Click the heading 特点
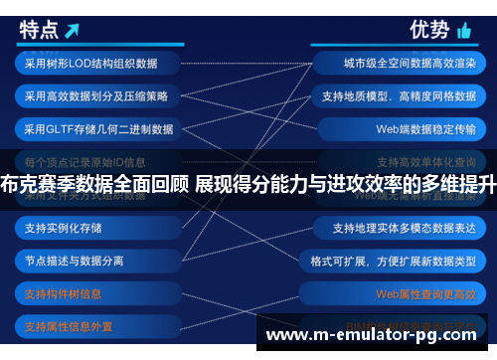pos(41,31)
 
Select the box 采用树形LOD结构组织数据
pos(91,64)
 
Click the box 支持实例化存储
pos(64,228)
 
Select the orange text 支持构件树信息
pos(64,293)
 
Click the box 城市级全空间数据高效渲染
pos(404,64)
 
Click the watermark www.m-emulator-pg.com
pos(379,335)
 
